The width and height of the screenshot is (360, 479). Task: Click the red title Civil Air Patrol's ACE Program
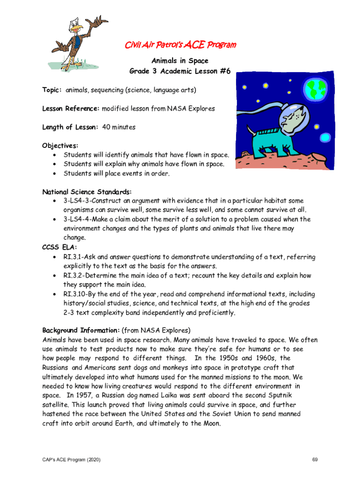pyautogui.click(x=180, y=45)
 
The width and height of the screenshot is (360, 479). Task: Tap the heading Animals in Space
pyautogui.click(x=180, y=61)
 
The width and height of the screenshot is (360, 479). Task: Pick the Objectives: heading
pyautogui.click(x=60, y=145)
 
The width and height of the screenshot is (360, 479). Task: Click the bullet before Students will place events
pyautogui.click(x=55, y=174)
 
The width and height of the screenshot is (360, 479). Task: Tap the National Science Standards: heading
pyautogui.click(x=87, y=192)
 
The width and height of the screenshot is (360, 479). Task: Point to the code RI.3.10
pyautogui.click(x=75, y=294)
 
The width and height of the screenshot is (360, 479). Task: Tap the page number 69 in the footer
pyautogui.click(x=316, y=460)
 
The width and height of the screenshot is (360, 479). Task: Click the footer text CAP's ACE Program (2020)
pyautogui.click(x=71, y=460)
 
